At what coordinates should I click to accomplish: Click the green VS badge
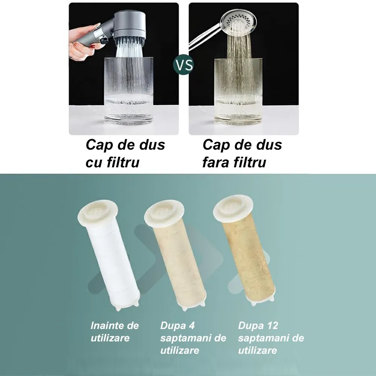click(x=184, y=65)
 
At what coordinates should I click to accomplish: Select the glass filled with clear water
click(x=129, y=91)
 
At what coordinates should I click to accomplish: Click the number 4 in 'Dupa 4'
click(x=191, y=326)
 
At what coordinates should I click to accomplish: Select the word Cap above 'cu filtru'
click(x=96, y=145)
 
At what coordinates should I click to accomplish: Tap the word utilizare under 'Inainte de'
click(x=110, y=338)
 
